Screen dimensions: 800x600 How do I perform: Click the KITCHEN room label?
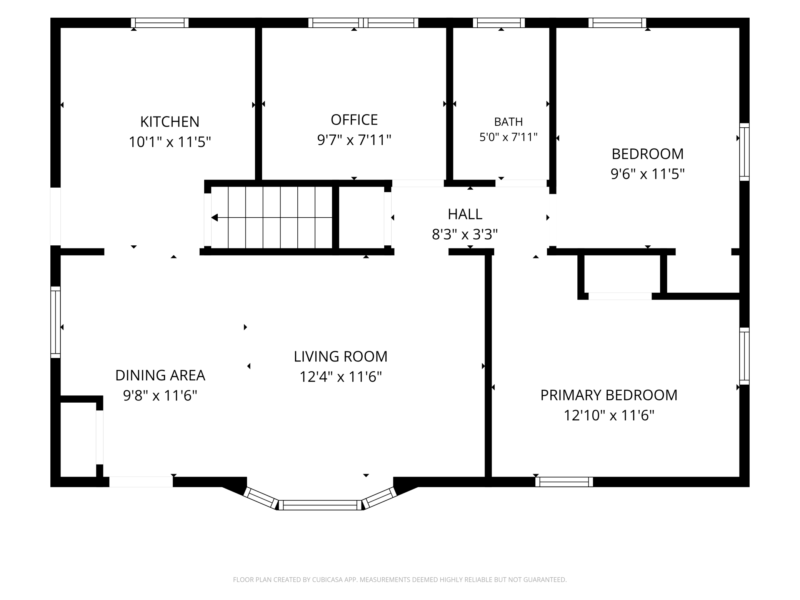[x=170, y=122]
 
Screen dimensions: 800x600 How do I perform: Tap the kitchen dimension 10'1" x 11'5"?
[x=170, y=142]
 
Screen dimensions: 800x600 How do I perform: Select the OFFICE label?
[x=354, y=120]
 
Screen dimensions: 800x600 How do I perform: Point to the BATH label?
[x=508, y=122]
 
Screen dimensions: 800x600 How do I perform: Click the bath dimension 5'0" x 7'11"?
[x=508, y=137]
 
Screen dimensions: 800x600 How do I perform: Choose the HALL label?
[x=465, y=214]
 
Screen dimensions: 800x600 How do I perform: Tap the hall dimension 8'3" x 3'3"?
[x=465, y=234]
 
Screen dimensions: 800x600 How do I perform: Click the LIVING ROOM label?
[x=341, y=357]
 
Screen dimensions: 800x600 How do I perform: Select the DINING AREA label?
[x=160, y=375]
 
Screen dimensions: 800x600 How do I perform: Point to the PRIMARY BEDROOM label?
[x=609, y=395]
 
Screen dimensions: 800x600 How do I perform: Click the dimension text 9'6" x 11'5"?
[x=648, y=174]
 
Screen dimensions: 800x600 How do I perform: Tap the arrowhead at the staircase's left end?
[x=215, y=218]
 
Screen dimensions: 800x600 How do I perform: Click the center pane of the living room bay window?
[x=320, y=505]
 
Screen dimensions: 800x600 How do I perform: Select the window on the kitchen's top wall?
[x=160, y=23]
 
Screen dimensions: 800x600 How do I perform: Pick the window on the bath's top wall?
[x=499, y=23]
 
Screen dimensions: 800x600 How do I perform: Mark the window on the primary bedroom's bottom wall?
[x=564, y=482]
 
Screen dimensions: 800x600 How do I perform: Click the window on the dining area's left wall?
[x=56, y=322]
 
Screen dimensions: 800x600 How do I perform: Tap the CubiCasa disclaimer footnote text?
[x=400, y=580]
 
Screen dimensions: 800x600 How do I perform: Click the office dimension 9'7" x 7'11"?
[x=354, y=140]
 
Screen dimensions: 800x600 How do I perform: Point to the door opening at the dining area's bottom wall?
[x=141, y=482]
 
